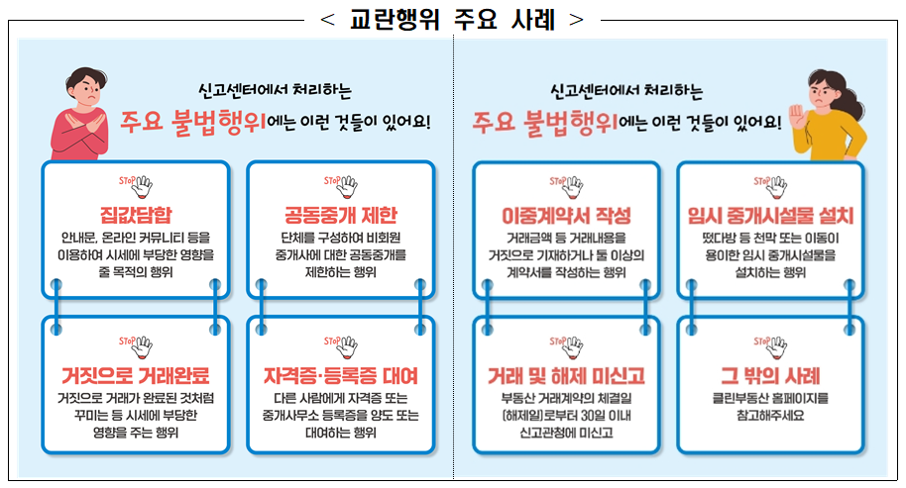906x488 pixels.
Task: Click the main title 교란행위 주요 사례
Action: tap(452, 19)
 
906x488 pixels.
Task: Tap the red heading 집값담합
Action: tap(136, 216)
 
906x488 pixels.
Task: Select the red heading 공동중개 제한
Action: tap(340, 216)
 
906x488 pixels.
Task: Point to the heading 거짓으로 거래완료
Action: tap(136, 377)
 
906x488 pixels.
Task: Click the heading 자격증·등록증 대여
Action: tap(340, 377)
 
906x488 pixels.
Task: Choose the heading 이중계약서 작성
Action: tap(566, 216)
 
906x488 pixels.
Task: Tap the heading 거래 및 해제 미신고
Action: tap(566, 377)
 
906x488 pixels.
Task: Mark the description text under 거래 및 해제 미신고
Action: tap(566, 416)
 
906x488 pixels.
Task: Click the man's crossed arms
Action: tap(84, 129)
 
